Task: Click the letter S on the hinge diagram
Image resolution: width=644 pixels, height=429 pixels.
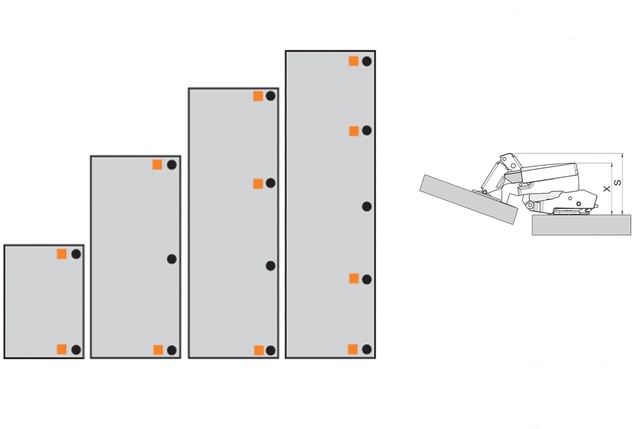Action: click(x=618, y=183)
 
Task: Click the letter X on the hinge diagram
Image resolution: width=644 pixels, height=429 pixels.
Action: click(x=607, y=189)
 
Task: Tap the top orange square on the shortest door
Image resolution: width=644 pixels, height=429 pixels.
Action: click(x=62, y=254)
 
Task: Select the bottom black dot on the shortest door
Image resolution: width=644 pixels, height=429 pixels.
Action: click(x=76, y=350)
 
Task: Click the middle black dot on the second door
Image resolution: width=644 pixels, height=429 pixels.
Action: click(x=172, y=259)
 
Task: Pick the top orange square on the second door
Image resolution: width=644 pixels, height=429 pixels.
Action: click(x=157, y=165)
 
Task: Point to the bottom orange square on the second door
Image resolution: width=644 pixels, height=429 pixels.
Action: click(x=158, y=350)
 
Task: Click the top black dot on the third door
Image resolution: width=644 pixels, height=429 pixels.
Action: click(x=270, y=95)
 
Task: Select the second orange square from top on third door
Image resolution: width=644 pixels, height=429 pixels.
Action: click(x=258, y=183)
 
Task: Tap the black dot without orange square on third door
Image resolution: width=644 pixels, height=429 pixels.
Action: click(x=270, y=266)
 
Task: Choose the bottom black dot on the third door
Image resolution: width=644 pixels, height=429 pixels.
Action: click(x=270, y=350)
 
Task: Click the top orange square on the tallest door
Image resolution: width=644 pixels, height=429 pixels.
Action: click(x=354, y=61)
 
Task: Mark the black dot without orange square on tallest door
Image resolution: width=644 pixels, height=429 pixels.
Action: click(x=367, y=206)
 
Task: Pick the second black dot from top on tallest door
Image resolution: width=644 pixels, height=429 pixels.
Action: click(x=367, y=131)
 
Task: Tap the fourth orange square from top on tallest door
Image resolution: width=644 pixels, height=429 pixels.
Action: click(x=353, y=350)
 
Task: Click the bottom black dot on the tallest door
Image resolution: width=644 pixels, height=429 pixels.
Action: click(x=367, y=350)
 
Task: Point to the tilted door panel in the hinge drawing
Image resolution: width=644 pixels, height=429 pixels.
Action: click(x=469, y=199)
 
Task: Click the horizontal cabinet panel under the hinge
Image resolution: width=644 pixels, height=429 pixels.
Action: click(x=581, y=225)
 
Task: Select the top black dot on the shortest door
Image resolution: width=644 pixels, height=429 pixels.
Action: click(x=76, y=254)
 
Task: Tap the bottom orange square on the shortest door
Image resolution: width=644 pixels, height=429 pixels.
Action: click(x=62, y=350)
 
